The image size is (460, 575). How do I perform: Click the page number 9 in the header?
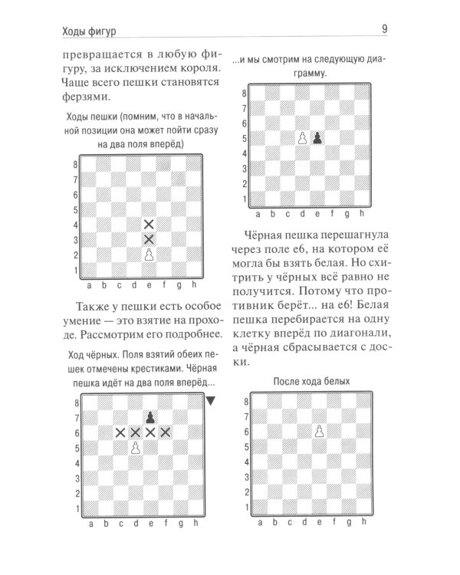point(383,30)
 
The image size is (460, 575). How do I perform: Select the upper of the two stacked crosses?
point(149,225)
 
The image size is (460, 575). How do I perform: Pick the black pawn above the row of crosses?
point(150,417)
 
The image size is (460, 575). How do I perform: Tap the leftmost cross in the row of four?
point(120,432)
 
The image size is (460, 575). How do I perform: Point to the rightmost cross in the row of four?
point(165,432)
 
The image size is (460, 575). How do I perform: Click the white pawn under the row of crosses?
point(135,448)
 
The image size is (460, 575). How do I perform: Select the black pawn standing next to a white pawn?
point(318,139)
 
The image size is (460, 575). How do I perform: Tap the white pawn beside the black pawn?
point(303,139)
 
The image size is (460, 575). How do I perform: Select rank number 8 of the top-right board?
point(245,94)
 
